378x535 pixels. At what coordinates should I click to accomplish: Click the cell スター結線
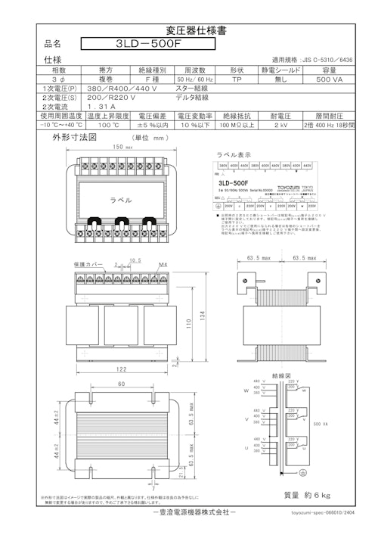195,88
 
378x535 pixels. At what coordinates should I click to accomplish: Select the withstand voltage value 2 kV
281,126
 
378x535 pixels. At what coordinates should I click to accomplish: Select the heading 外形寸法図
74,138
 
